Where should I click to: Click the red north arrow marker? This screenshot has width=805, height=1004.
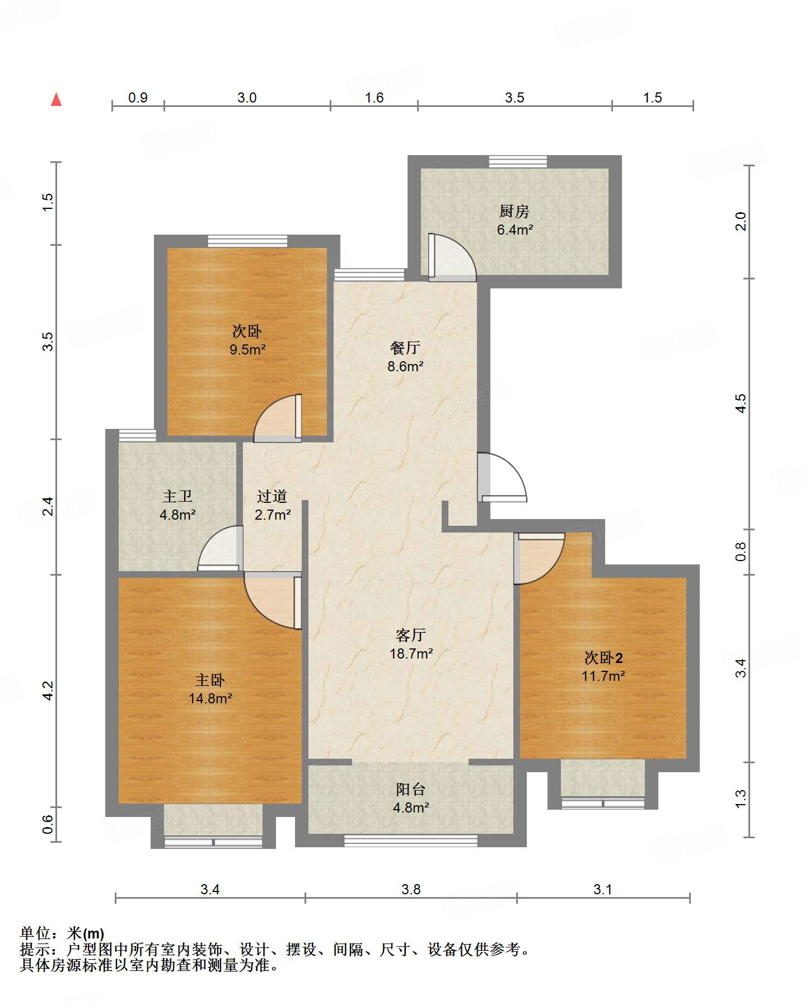pyautogui.click(x=56, y=100)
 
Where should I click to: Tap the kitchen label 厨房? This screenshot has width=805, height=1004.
pyautogui.click(x=514, y=211)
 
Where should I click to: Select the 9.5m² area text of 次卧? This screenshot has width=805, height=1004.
pyautogui.click(x=247, y=350)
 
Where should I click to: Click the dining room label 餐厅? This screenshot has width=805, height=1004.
pyautogui.click(x=405, y=348)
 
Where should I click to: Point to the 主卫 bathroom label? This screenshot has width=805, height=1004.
pyautogui.click(x=177, y=496)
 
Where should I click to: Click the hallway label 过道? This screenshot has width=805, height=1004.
pyautogui.click(x=272, y=496)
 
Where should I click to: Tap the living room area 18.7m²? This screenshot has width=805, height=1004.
pyautogui.click(x=411, y=653)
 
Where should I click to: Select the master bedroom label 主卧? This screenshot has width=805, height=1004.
pyautogui.click(x=210, y=680)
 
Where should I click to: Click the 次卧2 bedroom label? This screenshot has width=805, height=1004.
pyautogui.click(x=603, y=657)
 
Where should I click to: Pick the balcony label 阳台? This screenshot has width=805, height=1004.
pyautogui.click(x=410, y=789)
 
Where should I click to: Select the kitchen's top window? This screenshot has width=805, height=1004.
pyautogui.click(x=517, y=161)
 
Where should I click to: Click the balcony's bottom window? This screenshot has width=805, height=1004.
pyautogui.click(x=410, y=840)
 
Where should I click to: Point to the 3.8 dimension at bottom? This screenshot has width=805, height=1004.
pyautogui.click(x=411, y=889)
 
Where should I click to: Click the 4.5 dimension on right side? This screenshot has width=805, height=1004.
pyautogui.click(x=741, y=403)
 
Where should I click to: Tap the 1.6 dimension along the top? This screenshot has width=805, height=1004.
pyautogui.click(x=374, y=97)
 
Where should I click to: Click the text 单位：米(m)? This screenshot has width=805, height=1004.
pyautogui.click(x=62, y=933)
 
